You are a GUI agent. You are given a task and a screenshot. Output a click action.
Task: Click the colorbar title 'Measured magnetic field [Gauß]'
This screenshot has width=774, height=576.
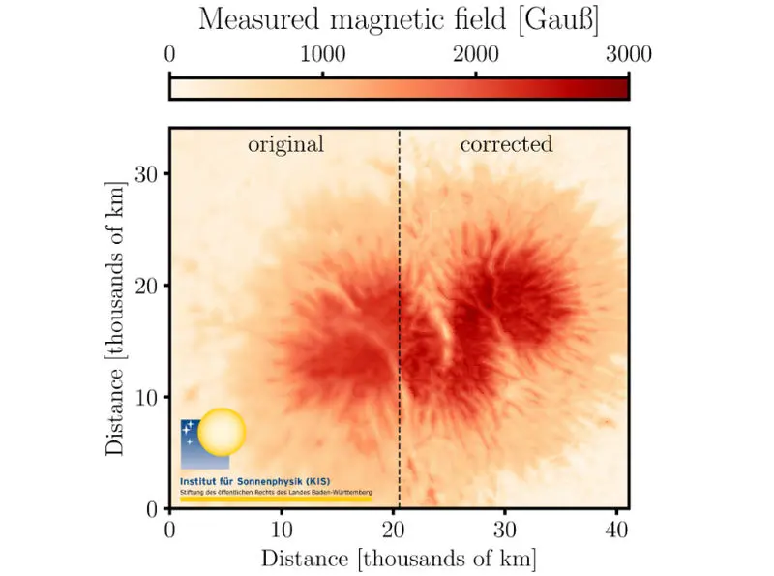(x=399, y=18)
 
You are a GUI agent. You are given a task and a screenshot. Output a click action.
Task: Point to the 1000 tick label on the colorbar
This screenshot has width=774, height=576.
(x=322, y=54)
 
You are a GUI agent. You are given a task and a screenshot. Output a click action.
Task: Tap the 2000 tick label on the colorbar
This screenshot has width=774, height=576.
(x=476, y=54)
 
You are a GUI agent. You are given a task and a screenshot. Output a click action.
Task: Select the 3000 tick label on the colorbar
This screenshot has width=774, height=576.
(x=629, y=54)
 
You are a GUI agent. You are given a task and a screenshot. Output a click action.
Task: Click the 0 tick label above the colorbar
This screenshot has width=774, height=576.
(x=170, y=54)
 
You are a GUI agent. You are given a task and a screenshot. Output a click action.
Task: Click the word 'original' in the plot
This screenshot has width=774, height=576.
(x=285, y=145)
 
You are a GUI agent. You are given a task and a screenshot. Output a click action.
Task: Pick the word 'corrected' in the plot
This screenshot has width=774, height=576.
(x=506, y=145)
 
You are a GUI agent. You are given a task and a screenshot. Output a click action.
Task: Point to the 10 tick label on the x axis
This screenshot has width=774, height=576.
(x=282, y=530)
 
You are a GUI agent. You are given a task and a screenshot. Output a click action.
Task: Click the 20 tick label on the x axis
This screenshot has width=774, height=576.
(x=393, y=530)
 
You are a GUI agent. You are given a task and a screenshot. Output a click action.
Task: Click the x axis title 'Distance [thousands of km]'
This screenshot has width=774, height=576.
(x=399, y=559)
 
